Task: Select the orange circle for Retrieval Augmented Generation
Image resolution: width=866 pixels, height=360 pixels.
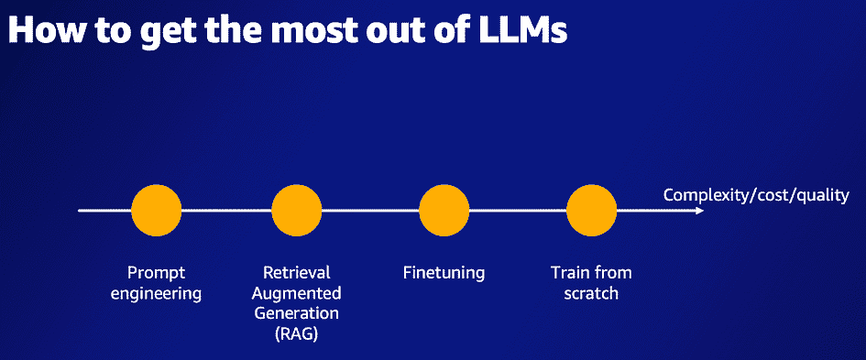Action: tap(297, 211)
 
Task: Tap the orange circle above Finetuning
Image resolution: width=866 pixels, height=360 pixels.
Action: tap(444, 211)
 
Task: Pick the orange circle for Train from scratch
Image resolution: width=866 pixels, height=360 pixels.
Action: tap(591, 211)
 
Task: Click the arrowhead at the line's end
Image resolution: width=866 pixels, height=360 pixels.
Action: tap(699, 211)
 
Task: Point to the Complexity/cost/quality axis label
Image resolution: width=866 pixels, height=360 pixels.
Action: tap(756, 195)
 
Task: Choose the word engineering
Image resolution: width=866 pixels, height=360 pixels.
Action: tap(163, 294)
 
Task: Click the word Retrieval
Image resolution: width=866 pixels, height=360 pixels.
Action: tap(296, 273)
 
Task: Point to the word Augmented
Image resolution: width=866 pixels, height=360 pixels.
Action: tap(296, 294)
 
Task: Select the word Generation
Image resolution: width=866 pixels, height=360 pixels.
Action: tap(296, 314)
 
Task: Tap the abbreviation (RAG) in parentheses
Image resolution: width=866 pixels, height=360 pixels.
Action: tap(296, 335)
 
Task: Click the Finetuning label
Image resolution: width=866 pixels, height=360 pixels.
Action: tap(444, 273)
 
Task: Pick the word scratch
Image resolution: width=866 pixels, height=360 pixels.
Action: tap(591, 294)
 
